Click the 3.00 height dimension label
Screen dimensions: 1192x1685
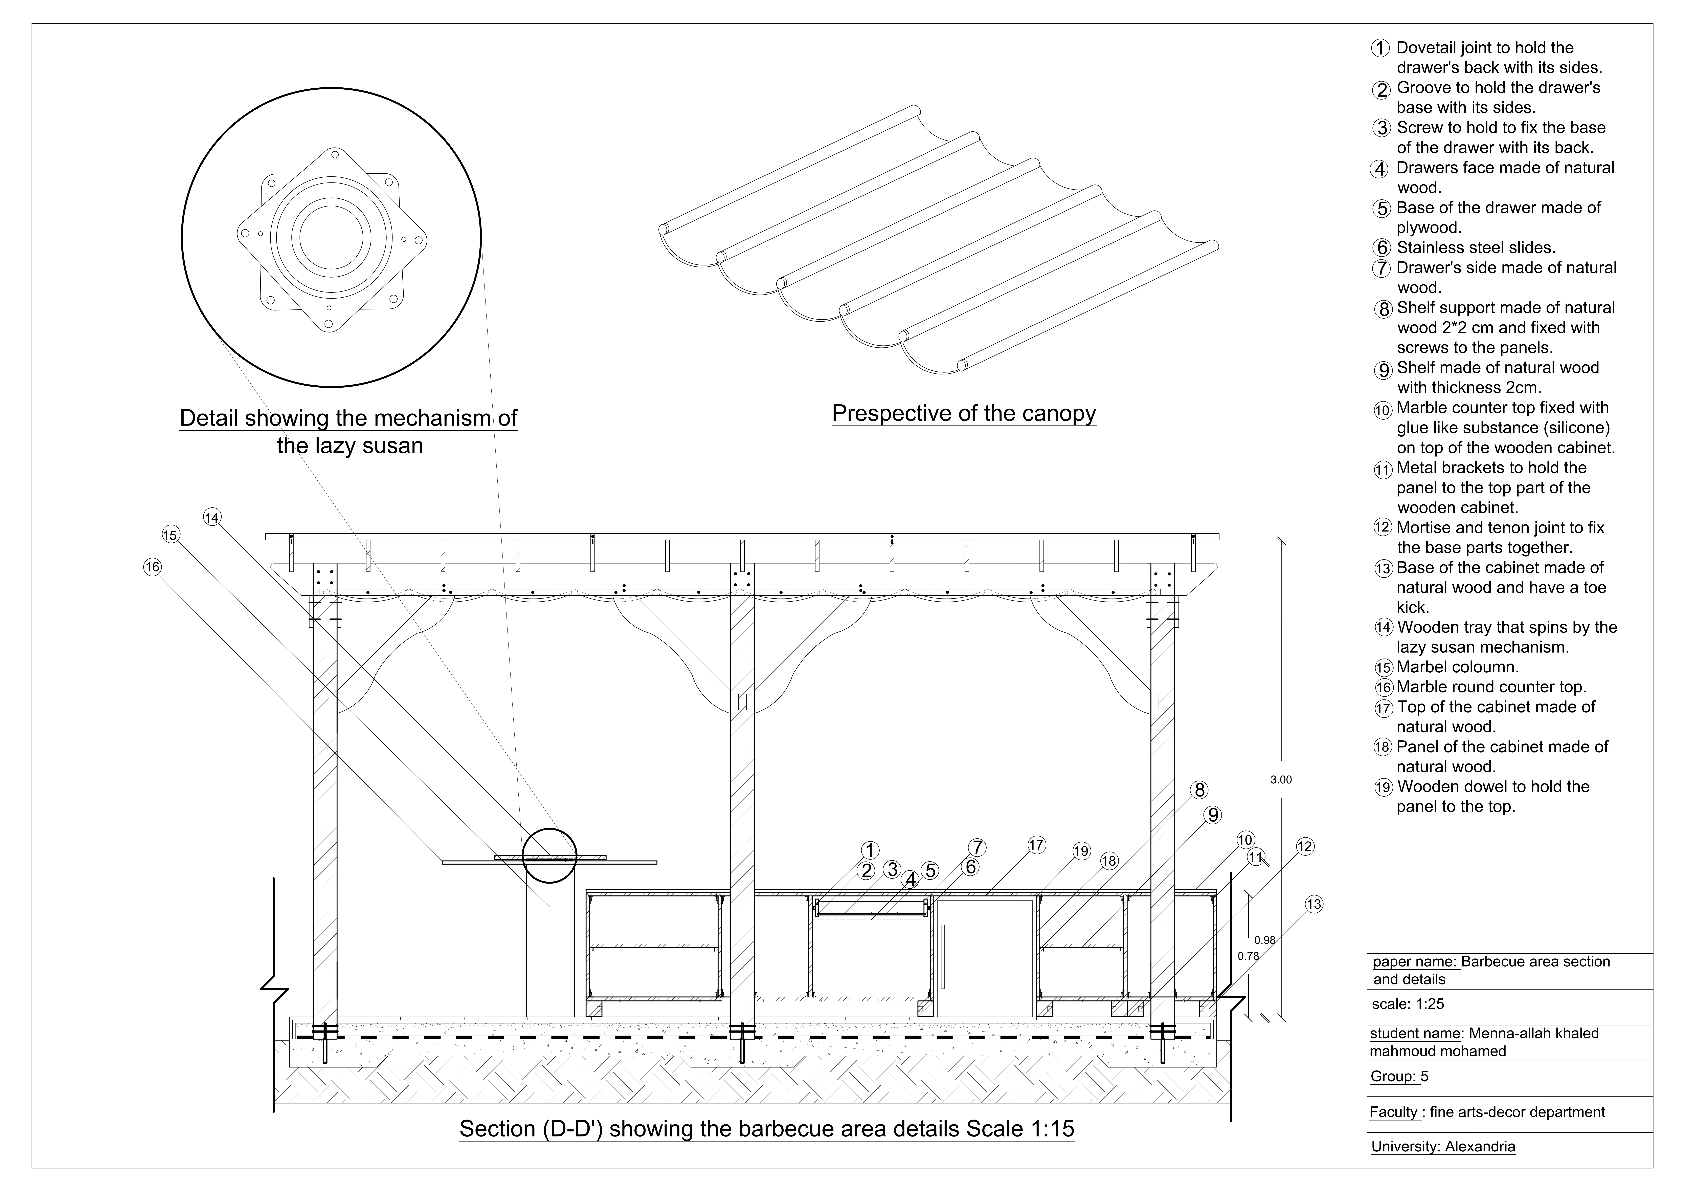[1281, 780]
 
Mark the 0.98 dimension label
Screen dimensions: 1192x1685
[1264, 939]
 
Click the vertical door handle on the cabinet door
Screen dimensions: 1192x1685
[943, 956]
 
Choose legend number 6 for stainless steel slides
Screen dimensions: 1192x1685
[1382, 248]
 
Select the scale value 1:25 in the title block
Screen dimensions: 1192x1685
[1430, 1004]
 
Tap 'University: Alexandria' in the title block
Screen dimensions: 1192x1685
[1443, 1147]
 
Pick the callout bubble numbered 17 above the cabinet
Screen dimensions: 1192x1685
[1035, 845]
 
